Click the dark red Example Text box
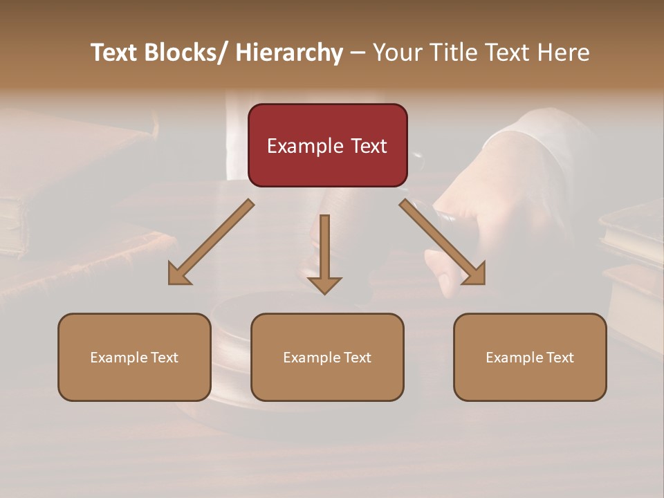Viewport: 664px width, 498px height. coord(327,145)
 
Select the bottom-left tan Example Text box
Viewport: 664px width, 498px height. coord(134,357)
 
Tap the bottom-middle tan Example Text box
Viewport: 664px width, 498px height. coord(327,357)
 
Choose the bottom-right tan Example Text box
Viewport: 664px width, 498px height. coord(530,357)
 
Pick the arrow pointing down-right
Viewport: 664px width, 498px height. coord(441,241)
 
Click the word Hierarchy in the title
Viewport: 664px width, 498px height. coord(289,53)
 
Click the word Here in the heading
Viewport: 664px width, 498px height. coord(564,53)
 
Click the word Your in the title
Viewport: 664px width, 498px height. coord(396,53)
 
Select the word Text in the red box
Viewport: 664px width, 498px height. coord(369,146)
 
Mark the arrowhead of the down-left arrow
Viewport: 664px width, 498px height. coord(179,274)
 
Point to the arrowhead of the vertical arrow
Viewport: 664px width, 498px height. coord(324,284)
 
